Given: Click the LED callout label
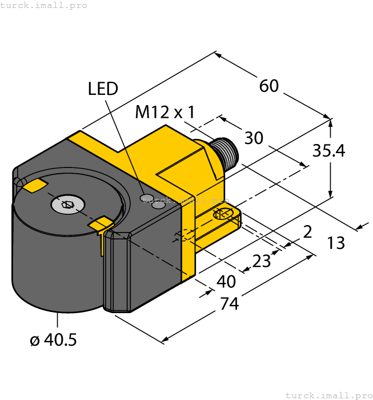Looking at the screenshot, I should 103,89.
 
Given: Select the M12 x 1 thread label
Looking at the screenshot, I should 165,112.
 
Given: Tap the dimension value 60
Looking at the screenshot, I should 269,86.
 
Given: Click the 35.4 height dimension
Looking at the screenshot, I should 329,151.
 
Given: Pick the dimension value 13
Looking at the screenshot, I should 336,243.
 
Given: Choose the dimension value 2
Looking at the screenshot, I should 308,231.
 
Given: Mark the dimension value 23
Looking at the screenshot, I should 262,261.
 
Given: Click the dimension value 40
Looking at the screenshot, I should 226,282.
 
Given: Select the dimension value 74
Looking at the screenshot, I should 229,303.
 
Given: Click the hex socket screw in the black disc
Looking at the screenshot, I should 67,204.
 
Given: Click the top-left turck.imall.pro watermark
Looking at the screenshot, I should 44,5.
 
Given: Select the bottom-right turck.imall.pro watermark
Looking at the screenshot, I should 328,395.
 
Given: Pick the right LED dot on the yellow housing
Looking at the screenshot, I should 159,204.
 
